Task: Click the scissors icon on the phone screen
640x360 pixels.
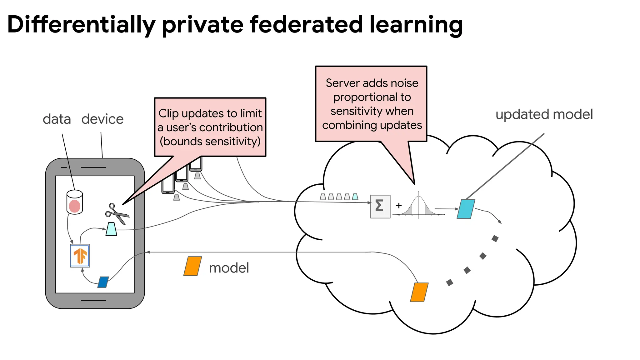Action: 117,213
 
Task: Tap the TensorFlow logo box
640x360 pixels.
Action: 80,256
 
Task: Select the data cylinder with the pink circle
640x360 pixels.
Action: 75,202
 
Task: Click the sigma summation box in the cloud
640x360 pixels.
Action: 380,206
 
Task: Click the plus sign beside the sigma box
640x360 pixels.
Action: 399,206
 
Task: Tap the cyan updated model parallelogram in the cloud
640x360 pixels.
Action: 466,209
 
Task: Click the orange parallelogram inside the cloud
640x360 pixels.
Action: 419,292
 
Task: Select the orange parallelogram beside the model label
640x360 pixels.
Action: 192,266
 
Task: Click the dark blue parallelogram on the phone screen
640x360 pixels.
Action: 103,282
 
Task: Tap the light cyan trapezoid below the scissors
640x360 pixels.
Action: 111,229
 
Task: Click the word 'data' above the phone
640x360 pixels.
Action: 57,119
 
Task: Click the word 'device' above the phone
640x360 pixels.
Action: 102,119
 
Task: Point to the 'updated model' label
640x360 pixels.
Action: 544,114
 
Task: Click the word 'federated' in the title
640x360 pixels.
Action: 306,25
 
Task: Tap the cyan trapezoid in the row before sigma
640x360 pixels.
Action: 355,197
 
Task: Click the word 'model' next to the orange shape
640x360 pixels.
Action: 229,268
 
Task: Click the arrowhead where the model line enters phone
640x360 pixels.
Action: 147,252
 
